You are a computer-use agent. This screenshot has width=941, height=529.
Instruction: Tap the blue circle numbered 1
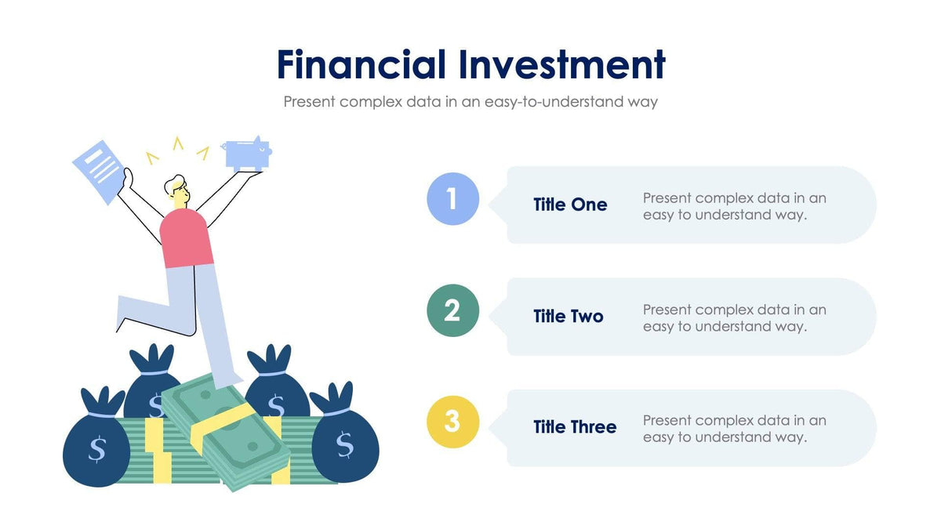point(452,199)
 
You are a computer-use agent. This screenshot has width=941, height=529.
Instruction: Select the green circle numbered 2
point(452,311)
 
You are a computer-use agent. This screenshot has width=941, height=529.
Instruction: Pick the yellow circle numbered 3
point(452,422)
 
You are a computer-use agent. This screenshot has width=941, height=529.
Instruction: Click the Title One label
point(570,205)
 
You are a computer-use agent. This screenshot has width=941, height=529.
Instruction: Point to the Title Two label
point(569,317)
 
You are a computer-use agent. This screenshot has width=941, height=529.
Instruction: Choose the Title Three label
point(575,427)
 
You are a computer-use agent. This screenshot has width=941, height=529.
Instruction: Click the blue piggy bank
point(248,154)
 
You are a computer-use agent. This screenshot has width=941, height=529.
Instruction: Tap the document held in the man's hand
point(98,170)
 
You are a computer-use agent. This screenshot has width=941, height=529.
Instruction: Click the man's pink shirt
point(187,238)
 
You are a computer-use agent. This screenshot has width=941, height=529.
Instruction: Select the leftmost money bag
point(96,444)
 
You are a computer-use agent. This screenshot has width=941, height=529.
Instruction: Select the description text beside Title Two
point(735,317)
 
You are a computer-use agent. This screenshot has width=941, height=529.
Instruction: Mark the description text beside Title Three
point(735,429)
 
